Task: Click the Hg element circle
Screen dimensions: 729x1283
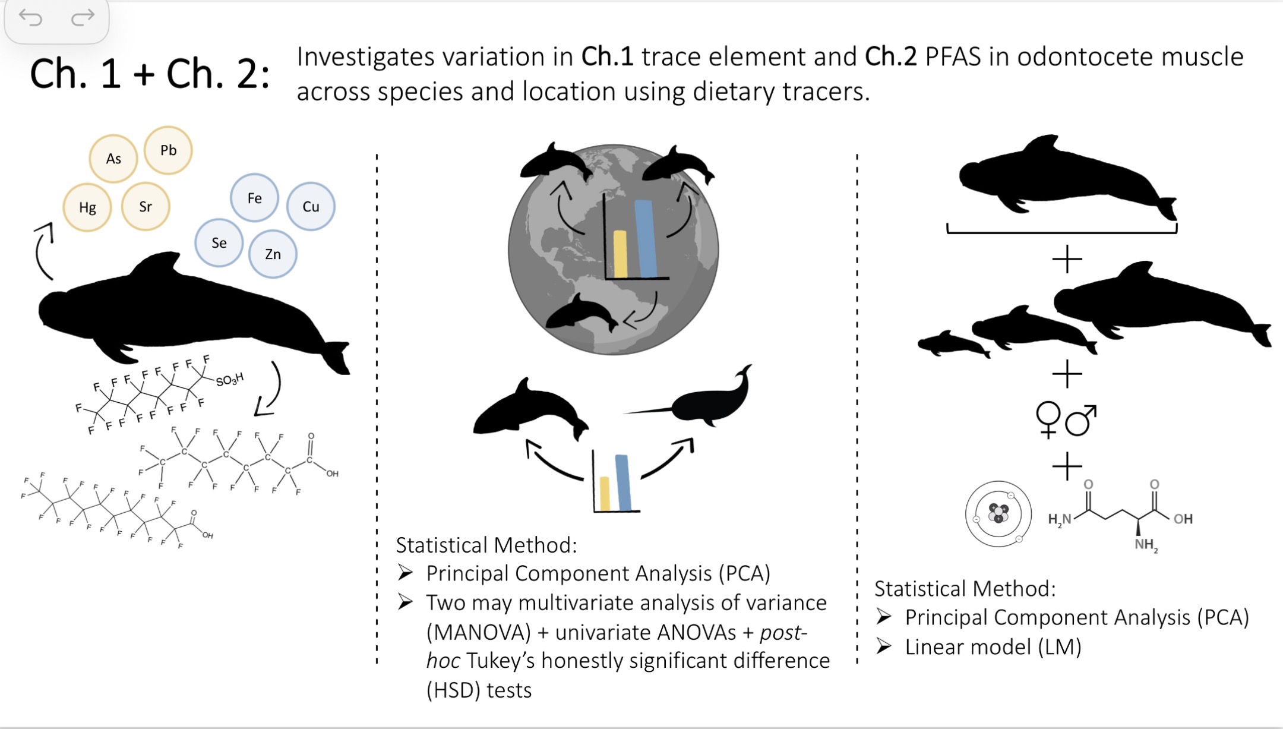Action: pyautogui.click(x=87, y=207)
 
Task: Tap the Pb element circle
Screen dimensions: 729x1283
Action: pyautogui.click(x=168, y=150)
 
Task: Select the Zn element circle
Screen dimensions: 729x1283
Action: pyautogui.click(x=273, y=254)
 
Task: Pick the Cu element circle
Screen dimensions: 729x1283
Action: pyautogui.click(x=311, y=207)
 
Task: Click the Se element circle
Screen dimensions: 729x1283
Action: pyautogui.click(x=219, y=242)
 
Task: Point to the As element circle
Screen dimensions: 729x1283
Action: pyautogui.click(x=113, y=159)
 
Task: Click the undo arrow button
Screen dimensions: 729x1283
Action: pyautogui.click(x=30, y=18)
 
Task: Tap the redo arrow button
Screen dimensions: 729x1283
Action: pyautogui.click(x=83, y=18)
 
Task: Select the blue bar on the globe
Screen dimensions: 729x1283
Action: pyautogui.click(x=645, y=238)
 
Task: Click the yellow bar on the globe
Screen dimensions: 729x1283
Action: pyautogui.click(x=620, y=254)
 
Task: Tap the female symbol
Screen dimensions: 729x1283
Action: pyautogui.click(x=1048, y=419)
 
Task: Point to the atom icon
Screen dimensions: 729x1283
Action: pyautogui.click(x=998, y=513)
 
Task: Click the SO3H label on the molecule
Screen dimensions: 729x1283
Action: pyautogui.click(x=229, y=380)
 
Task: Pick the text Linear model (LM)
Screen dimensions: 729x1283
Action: pyautogui.click(x=993, y=647)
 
